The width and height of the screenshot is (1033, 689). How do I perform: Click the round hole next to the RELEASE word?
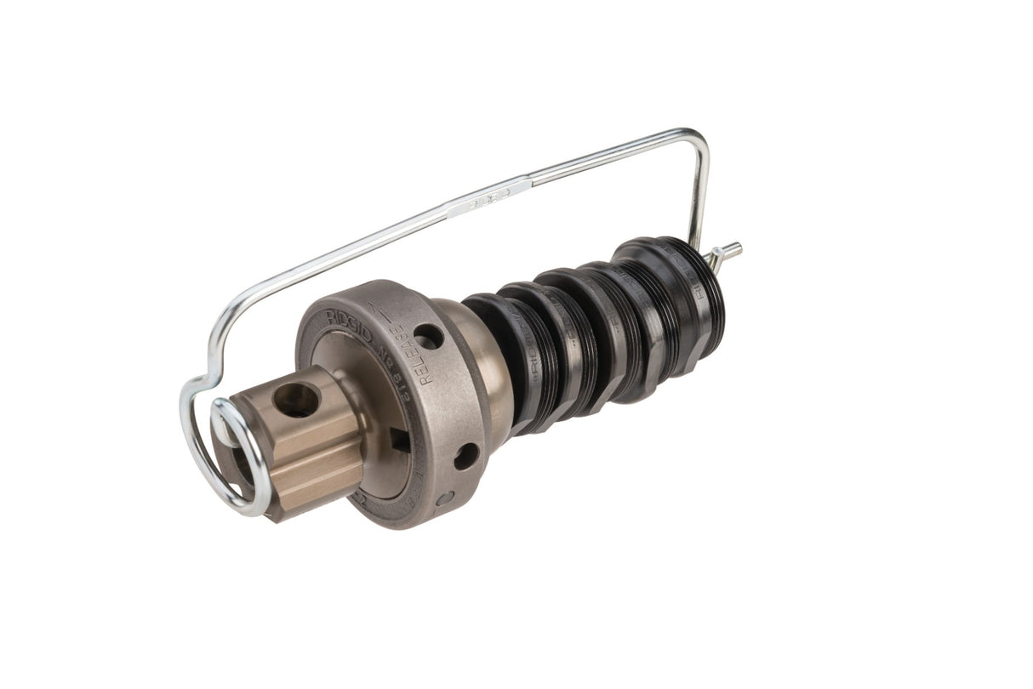(x=428, y=336)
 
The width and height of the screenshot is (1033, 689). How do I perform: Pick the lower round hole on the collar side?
(x=465, y=456)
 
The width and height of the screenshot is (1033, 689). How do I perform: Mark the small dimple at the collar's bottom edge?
(x=443, y=498)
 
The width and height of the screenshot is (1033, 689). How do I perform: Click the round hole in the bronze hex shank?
(x=296, y=400)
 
